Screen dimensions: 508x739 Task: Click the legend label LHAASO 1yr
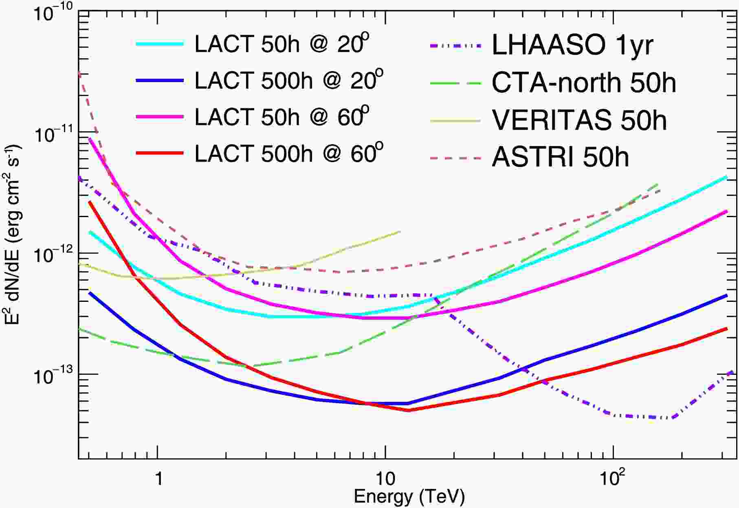point(572,44)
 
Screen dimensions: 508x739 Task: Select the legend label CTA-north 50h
point(584,83)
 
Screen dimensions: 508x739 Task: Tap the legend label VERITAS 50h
point(579,120)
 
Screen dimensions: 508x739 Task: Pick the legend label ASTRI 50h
point(561,157)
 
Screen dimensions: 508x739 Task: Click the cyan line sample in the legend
point(160,44)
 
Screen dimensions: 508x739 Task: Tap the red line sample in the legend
point(160,153)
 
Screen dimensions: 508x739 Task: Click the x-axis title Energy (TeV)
point(409,497)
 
